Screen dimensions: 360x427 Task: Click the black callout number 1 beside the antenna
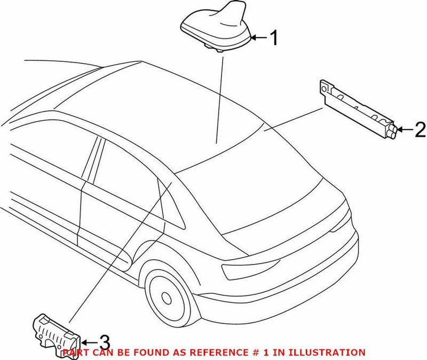pyautogui.click(x=273, y=38)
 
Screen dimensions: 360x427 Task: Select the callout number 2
pyautogui.click(x=420, y=129)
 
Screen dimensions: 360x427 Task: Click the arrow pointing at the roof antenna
pyautogui.click(x=258, y=38)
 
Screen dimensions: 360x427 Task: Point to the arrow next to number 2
pyautogui.click(x=405, y=129)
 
